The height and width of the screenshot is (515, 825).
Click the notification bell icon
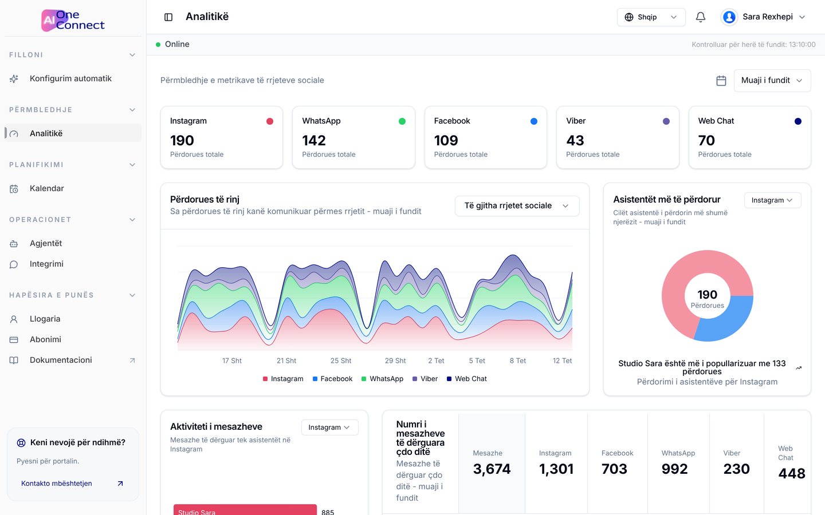[x=700, y=17]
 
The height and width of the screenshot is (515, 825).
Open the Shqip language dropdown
[x=651, y=17]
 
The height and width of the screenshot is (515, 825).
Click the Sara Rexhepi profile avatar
[x=729, y=17]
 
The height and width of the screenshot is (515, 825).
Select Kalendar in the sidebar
[x=46, y=188]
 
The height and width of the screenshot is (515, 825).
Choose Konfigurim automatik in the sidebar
[x=70, y=78]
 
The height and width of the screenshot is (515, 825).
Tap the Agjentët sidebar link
[x=46, y=243]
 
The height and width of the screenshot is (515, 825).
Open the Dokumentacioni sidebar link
[x=61, y=360]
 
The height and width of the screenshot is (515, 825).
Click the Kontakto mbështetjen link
[x=56, y=484]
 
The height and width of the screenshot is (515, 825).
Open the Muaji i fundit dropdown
[x=772, y=81]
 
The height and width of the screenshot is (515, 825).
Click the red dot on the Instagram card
[x=270, y=121]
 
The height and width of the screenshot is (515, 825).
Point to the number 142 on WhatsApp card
[x=314, y=140]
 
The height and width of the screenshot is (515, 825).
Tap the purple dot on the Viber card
[x=666, y=121]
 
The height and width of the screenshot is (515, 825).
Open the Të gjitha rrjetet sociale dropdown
[x=517, y=205]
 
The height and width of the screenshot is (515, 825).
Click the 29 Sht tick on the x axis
[x=395, y=360]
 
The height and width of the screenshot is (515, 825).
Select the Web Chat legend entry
[x=466, y=379]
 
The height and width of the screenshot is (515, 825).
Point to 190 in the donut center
[x=707, y=294]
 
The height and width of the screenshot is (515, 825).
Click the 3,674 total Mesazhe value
[x=492, y=469]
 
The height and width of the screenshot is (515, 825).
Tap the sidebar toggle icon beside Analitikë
[x=168, y=17]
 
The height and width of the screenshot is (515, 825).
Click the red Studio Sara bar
[x=245, y=509]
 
